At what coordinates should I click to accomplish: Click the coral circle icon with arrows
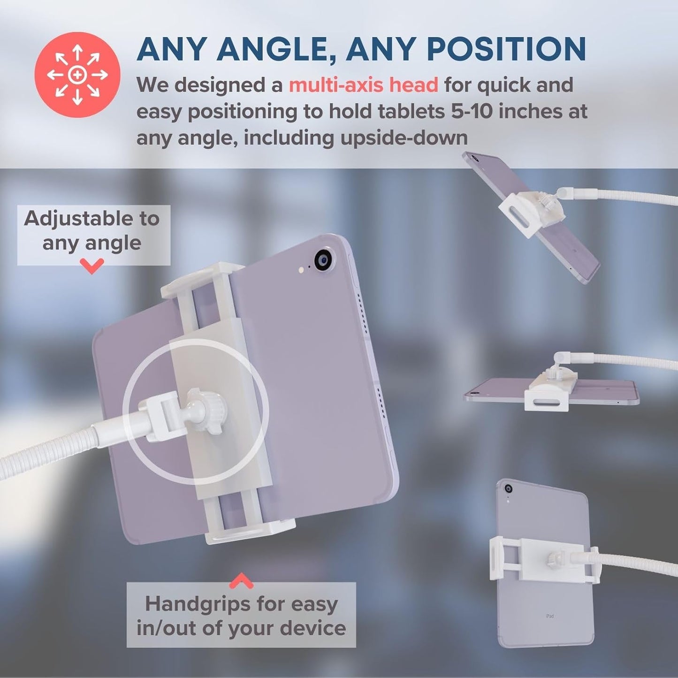coord(77,75)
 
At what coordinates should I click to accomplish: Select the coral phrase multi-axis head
coord(364,85)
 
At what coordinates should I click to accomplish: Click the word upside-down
coord(404,138)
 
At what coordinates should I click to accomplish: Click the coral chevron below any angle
coord(92,266)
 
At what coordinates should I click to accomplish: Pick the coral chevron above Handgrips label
coord(241,580)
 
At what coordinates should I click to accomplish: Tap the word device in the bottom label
coord(313,628)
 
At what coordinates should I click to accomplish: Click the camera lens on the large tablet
coord(324,261)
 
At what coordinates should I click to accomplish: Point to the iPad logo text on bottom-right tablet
coord(549,616)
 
